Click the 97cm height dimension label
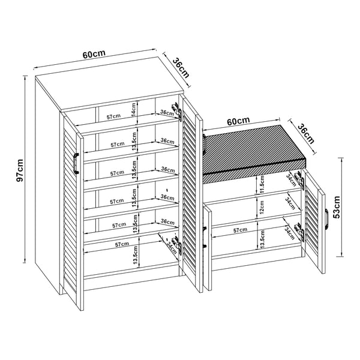click(x=20, y=170)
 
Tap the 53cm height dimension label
click(x=337, y=207)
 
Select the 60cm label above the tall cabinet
click(x=94, y=54)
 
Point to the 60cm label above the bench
click(x=238, y=121)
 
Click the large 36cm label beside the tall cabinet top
click(x=181, y=68)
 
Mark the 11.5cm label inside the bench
click(x=262, y=184)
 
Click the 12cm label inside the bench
click(x=262, y=207)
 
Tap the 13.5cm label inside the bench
click(x=262, y=239)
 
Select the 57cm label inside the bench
click(x=240, y=230)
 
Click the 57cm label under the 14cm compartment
click(x=113, y=116)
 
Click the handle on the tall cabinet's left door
click(x=76, y=163)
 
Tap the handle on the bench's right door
click(x=326, y=219)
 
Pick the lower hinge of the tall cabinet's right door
click(x=177, y=245)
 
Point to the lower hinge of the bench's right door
click(x=300, y=232)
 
